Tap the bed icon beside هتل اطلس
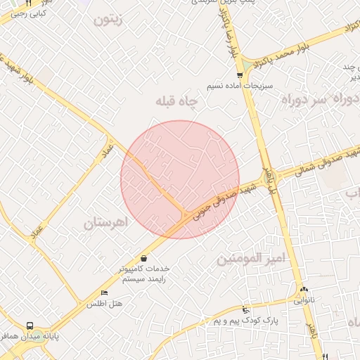pos(105,293)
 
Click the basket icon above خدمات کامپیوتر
pos(144,258)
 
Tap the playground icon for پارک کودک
pos(245,310)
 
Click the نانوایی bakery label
pos(304,300)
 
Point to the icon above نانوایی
pos(304,289)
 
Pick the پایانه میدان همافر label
pos(28,337)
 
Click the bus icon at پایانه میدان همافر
pos(30,326)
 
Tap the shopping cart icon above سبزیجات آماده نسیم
pos(240,75)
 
